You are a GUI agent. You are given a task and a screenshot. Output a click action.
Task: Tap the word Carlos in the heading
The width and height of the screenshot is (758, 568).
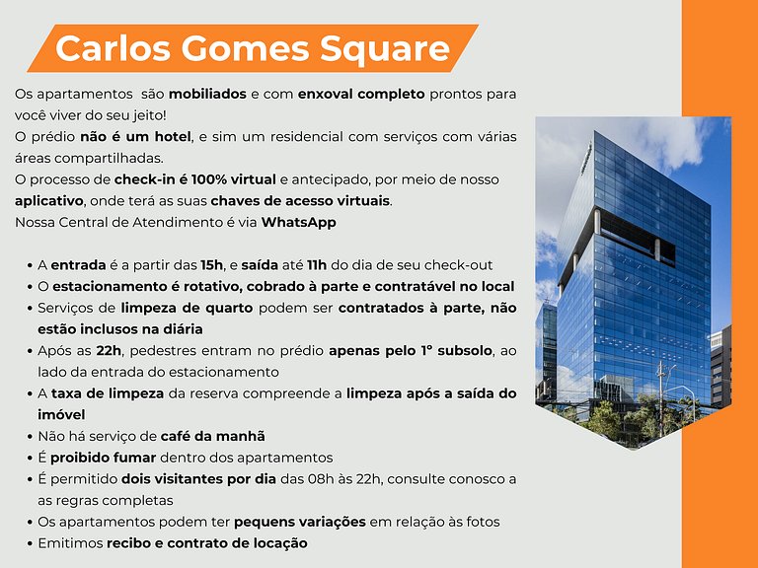click(x=108, y=47)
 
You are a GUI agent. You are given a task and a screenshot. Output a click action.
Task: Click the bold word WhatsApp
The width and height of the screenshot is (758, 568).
click(x=298, y=222)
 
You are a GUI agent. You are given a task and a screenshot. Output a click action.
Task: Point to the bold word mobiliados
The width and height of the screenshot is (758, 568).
click(x=209, y=95)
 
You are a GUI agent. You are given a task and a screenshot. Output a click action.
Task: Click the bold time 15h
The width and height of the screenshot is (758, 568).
click(x=212, y=265)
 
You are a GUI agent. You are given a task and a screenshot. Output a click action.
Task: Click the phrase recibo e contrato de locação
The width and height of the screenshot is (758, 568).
click(x=207, y=543)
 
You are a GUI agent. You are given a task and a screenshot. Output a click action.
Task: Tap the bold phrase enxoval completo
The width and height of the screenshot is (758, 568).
click(x=365, y=95)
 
